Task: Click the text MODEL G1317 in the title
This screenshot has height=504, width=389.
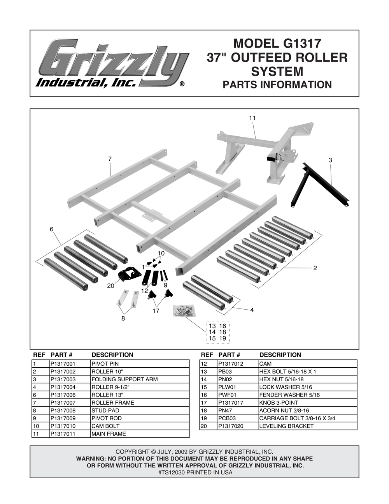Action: click(x=277, y=42)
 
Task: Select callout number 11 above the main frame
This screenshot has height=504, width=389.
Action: click(x=252, y=118)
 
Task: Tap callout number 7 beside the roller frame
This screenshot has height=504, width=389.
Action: click(x=110, y=159)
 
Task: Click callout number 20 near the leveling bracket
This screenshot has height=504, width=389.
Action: click(x=111, y=286)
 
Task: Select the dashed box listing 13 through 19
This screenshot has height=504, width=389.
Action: click(x=217, y=332)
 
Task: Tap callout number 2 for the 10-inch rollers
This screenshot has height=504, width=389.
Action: click(x=315, y=268)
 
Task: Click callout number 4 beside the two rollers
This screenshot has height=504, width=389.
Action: click(x=252, y=310)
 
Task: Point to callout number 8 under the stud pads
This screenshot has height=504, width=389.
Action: click(x=123, y=318)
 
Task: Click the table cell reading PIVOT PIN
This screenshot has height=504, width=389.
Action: click(x=105, y=364)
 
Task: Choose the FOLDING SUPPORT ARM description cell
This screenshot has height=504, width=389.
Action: click(x=124, y=379)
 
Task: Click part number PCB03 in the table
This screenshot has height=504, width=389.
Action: click(x=227, y=418)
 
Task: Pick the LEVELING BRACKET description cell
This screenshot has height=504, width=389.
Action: click(x=286, y=426)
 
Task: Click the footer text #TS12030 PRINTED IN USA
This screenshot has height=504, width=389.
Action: click(x=195, y=472)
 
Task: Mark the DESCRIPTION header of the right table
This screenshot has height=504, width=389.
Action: click(x=280, y=355)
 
